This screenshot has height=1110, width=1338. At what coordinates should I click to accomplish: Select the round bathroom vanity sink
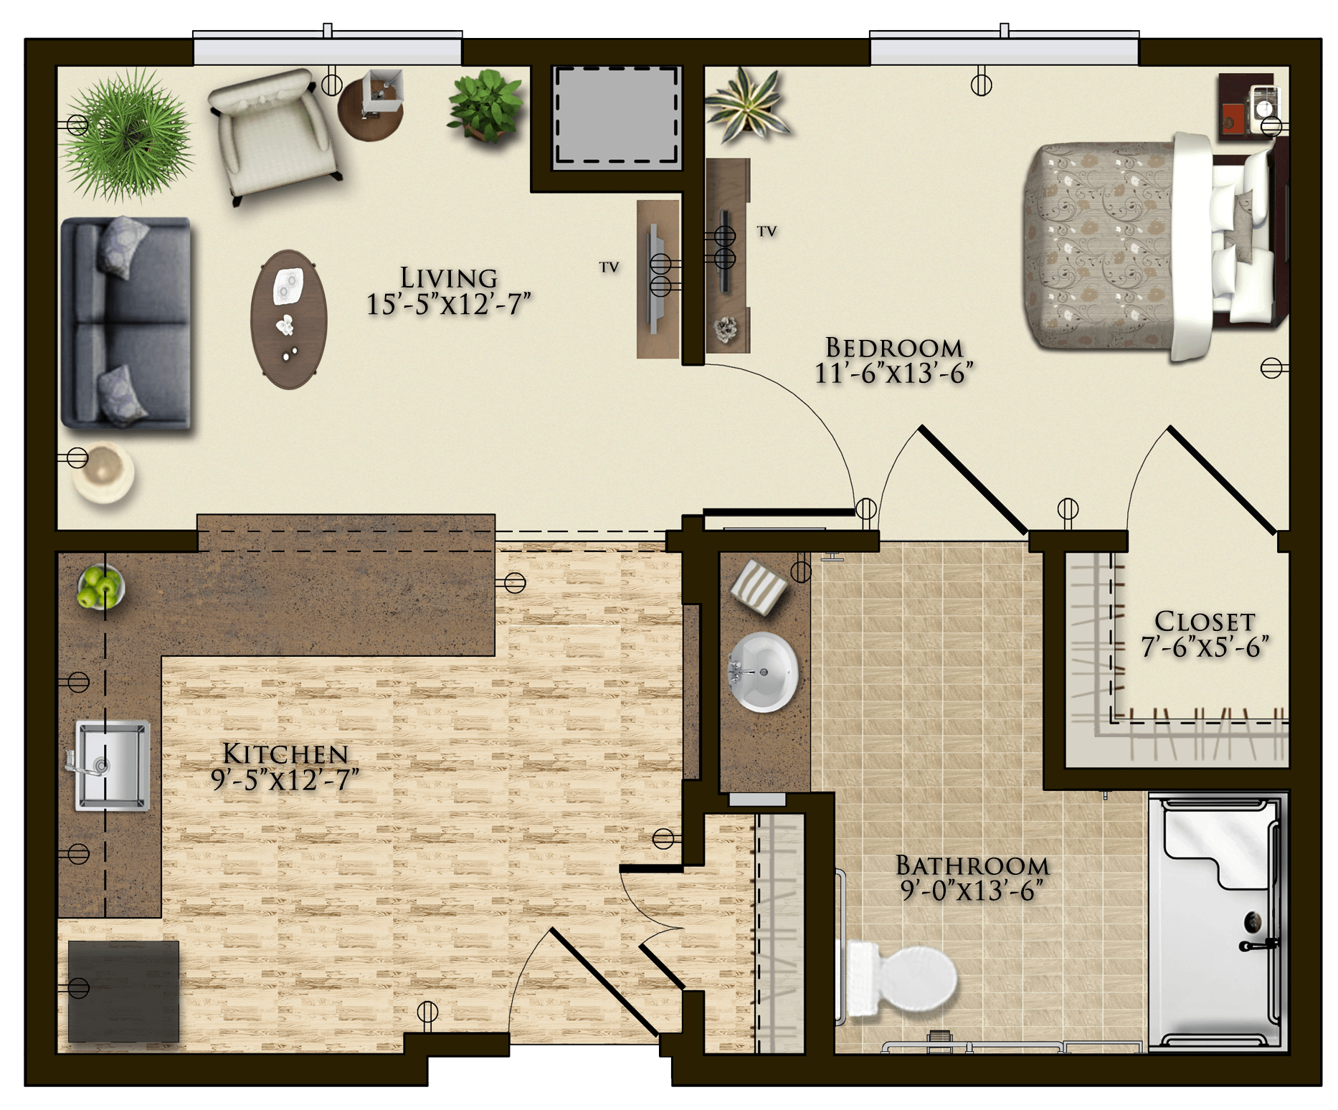764,672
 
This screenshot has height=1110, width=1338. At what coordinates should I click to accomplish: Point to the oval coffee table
289,319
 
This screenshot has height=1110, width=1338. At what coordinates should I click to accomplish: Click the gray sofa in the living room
126,323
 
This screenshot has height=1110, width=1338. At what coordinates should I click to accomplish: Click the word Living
449,277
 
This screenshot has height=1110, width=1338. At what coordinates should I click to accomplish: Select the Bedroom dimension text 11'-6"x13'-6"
893,374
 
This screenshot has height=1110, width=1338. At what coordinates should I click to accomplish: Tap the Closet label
1205,621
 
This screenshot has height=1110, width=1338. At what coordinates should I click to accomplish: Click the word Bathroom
972,865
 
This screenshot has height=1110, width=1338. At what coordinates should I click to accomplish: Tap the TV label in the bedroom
767,232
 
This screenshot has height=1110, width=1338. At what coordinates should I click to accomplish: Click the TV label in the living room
609,267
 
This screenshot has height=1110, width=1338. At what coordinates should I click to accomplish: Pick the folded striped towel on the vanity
759,587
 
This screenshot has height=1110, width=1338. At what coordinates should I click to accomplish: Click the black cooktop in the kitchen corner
123,991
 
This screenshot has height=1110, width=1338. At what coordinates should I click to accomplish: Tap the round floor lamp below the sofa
103,472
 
